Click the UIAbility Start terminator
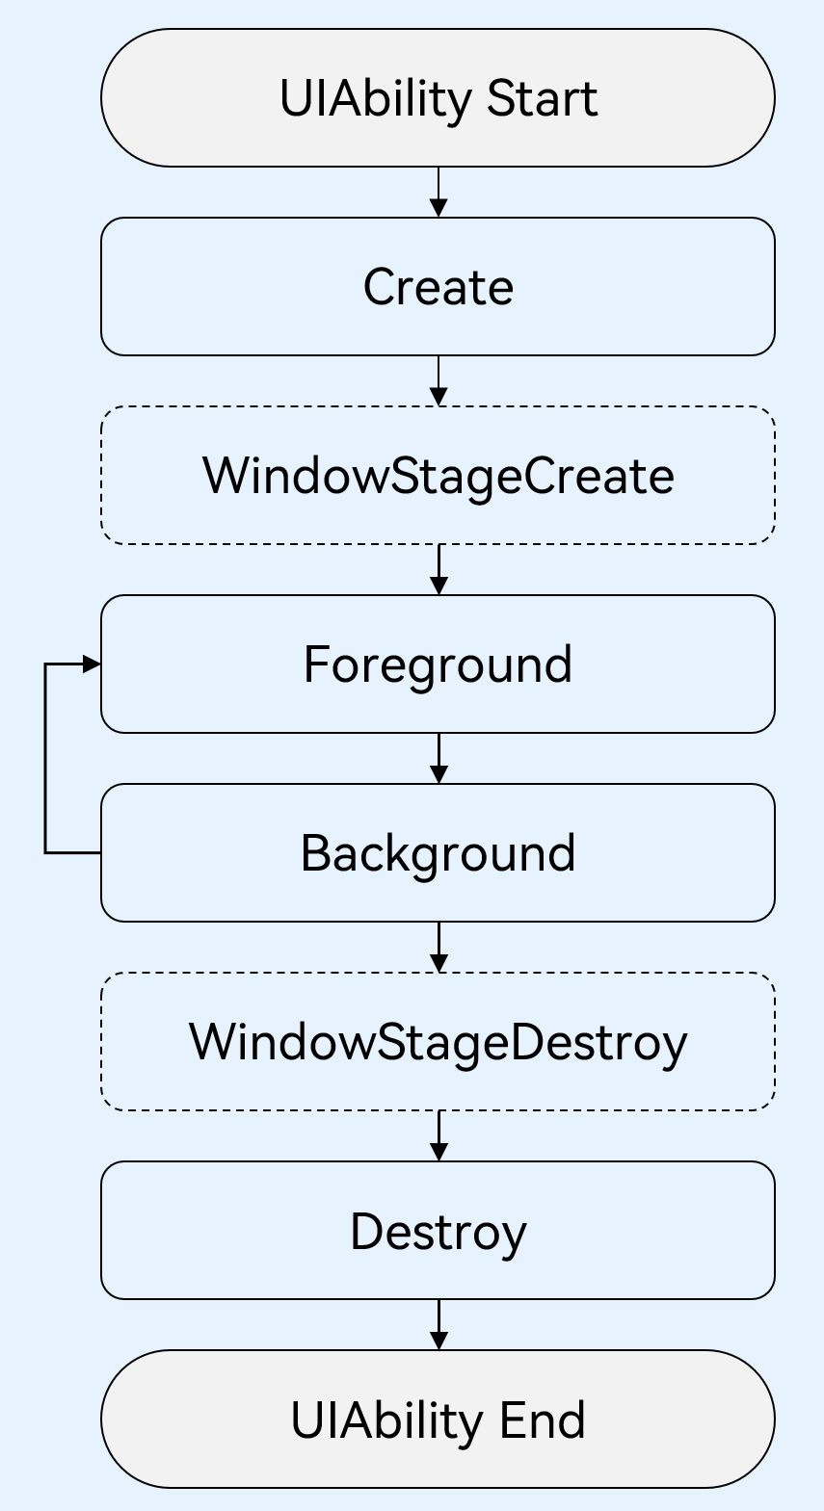tap(438, 98)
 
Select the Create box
tap(438, 287)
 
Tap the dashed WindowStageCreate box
tap(438, 476)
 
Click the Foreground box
tap(438, 664)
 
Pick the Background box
tap(438, 853)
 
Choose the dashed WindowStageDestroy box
tap(438, 1042)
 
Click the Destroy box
tap(438, 1231)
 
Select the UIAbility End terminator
tap(438, 1420)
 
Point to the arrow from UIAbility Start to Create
tap(439, 191)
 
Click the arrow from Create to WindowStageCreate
tap(439, 379)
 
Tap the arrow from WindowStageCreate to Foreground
tap(439, 568)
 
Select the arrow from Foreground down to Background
tap(439, 757)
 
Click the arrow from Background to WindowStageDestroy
tap(439, 946)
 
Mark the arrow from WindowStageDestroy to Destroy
tap(439, 1134)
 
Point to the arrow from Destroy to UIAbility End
tap(439, 1323)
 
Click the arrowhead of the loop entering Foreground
tap(92, 664)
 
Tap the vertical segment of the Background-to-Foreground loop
tap(45, 758)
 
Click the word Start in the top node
tap(543, 98)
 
